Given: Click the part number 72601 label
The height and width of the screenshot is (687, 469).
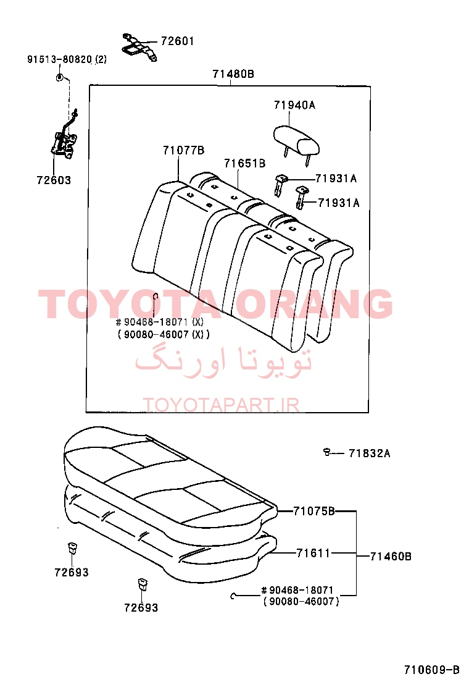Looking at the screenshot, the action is [177, 41].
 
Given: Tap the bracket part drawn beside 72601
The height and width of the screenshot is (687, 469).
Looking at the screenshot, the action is [139, 47].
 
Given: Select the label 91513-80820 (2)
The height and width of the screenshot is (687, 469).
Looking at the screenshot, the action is [67, 59].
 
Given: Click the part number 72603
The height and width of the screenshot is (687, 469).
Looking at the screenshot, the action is [53, 180].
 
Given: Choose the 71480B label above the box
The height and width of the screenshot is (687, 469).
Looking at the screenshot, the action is [233, 74].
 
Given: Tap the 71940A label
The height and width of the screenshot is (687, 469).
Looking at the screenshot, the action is [294, 105].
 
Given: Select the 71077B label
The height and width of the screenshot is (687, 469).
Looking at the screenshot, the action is [183, 150].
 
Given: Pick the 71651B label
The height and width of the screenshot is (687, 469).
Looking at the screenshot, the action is [244, 164].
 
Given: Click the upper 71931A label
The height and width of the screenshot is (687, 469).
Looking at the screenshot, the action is [336, 179].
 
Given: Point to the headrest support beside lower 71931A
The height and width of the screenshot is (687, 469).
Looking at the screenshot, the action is [301, 197].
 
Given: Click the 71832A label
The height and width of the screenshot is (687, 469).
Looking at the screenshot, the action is [369, 453].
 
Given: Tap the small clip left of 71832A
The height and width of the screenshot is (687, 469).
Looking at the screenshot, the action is [326, 451].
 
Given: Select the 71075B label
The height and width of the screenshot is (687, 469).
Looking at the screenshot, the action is [313, 511].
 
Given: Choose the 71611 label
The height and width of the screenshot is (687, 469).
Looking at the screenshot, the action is [313, 553].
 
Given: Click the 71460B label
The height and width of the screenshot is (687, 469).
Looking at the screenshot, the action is [391, 557].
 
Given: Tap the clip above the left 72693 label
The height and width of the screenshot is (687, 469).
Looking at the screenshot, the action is [72, 548].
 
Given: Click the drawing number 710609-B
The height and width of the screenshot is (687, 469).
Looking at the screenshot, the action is [432, 670].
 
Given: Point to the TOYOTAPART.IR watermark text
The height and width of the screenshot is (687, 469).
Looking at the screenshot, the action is [221, 405].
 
